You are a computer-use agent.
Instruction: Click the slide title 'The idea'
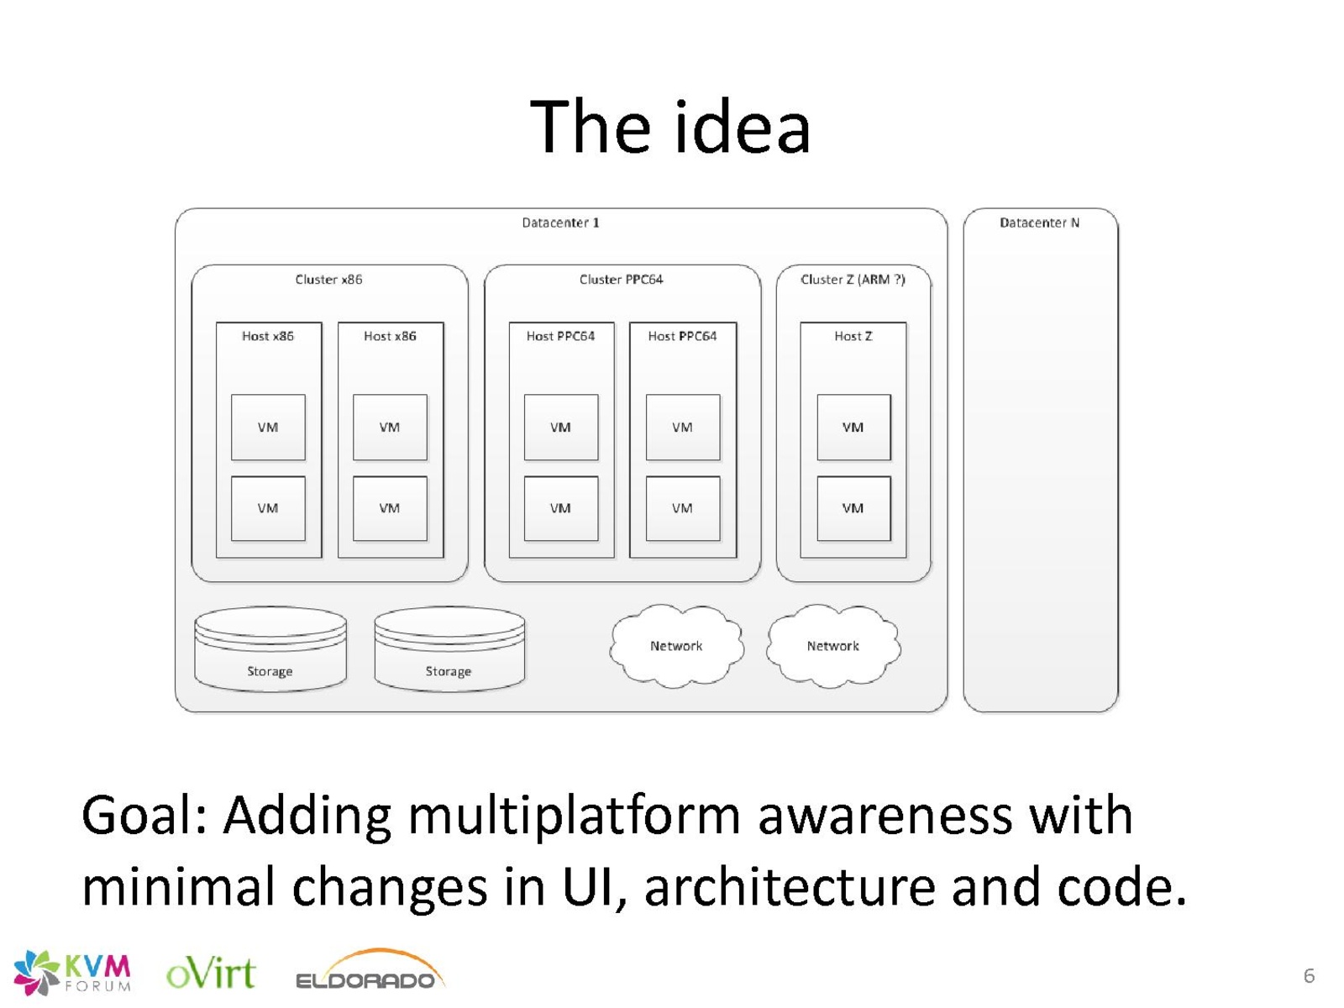(669, 127)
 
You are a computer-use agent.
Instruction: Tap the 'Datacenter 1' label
(560, 223)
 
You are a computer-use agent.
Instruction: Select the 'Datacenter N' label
(1039, 223)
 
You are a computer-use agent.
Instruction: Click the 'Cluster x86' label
(328, 280)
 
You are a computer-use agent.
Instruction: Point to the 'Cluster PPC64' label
(621, 280)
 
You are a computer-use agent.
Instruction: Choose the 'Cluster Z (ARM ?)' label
(853, 280)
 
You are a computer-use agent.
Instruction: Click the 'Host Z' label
(853, 336)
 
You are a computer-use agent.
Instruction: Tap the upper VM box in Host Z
(853, 428)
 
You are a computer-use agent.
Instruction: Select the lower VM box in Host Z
(853, 508)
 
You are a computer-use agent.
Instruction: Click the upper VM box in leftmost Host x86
(268, 428)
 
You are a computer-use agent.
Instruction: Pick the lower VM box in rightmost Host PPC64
(683, 508)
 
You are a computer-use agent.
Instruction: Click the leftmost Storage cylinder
(270, 649)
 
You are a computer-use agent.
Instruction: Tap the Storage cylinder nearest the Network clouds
(449, 649)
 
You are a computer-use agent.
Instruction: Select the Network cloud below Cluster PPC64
(676, 646)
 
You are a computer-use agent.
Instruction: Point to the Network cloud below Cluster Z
(833, 646)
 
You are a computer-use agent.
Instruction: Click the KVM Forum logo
(72, 973)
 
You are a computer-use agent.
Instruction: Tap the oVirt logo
(211, 973)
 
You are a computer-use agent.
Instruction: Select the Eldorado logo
(370, 970)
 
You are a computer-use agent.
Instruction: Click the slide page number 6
(1309, 975)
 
